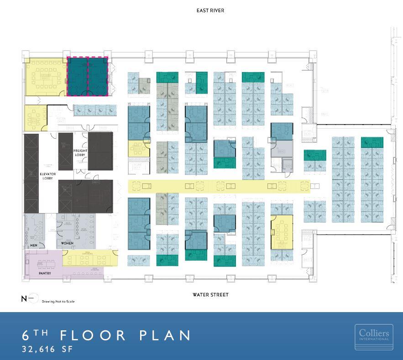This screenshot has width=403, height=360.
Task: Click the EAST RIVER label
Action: pyautogui.click(x=210, y=10)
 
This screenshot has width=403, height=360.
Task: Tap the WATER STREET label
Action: pyautogui.click(x=210, y=295)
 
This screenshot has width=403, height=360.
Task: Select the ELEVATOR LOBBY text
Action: pyautogui.click(x=47, y=176)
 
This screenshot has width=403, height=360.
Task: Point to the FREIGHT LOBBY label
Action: pyautogui.click(x=80, y=153)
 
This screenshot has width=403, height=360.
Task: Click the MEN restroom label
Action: pyautogui.click(x=33, y=245)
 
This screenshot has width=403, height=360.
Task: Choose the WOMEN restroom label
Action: pyautogui.click(x=67, y=243)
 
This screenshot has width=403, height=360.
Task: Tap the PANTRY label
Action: pyautogui.click(x=45, y=273)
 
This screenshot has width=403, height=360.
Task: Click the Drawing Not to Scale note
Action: pyautogui.click(x=58, y=302)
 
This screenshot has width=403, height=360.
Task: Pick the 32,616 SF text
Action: pyautogui.click(x=47, y=349)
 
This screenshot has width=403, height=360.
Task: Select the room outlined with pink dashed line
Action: pyautogui.click(x=88, y=76)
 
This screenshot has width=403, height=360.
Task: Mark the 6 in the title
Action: pyautogui.click(x=26, y=335)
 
